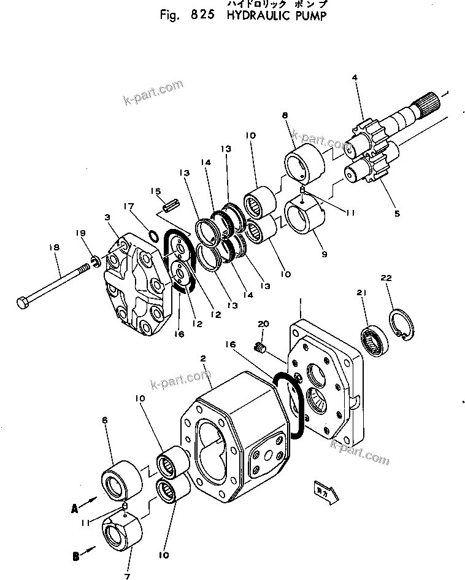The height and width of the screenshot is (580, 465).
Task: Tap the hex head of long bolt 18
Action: tap(23, 303)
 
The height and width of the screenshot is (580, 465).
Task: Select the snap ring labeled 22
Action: tap(403, 325)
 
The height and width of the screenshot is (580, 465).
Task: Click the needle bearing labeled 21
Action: tap(372, 340)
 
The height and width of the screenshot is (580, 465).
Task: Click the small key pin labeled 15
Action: tap(170, 202)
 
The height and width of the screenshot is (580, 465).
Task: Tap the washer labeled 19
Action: tap(96, 263)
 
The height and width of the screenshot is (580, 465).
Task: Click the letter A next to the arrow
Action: tap(74, 508)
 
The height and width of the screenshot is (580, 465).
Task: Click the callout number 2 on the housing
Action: tap(202, 359)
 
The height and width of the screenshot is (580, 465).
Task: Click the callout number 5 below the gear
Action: tap(397, 214)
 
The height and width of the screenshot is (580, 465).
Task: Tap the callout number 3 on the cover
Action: tap(108, 218)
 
